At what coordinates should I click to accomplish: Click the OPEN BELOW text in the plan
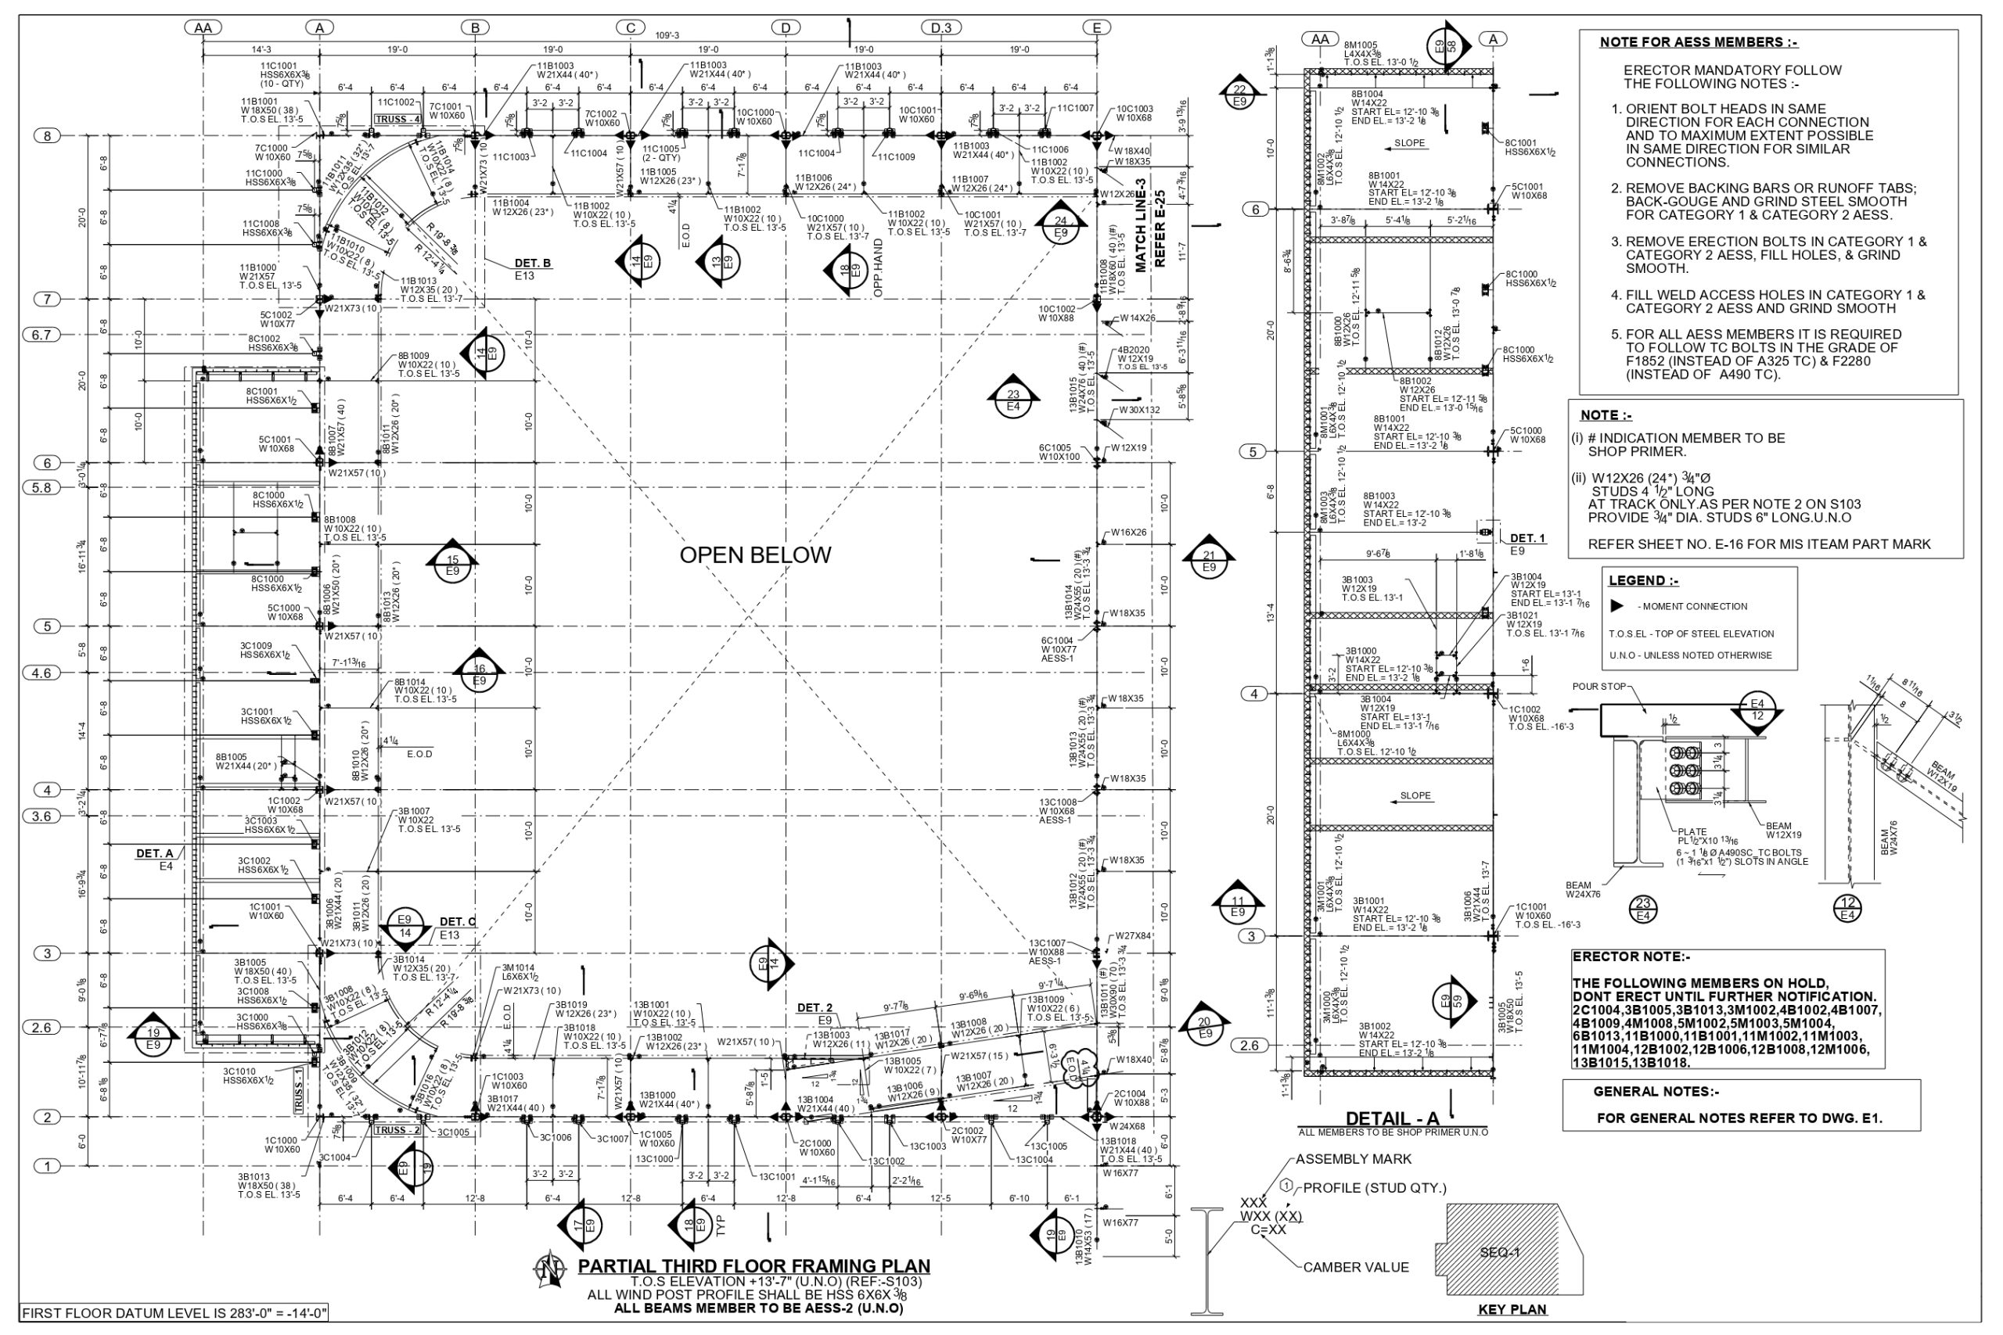point(754,555)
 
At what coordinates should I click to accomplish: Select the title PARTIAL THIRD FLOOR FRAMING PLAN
point(753,1266)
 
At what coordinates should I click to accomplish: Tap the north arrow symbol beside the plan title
point(550,1269)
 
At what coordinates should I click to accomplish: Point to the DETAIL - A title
point(1392,1118)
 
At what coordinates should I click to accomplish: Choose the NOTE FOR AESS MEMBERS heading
point(1698,42)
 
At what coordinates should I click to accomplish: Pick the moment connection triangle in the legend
point(1616,606)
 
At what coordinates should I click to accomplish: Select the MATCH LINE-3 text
point(1140,224)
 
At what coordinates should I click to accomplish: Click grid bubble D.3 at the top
point(941,28)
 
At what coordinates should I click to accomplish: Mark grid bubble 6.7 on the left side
point(41,335)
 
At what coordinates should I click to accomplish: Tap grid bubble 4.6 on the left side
point(41,673)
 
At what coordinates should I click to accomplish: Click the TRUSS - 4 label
point(397,119)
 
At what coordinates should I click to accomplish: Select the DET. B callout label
point(533,263)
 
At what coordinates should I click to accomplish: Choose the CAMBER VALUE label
point(1356,1267)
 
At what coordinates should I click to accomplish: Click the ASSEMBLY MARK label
point(1354,1159)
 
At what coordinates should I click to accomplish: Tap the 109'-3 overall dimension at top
point(667,36)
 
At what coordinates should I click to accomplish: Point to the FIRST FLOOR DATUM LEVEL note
point(174,1313)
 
